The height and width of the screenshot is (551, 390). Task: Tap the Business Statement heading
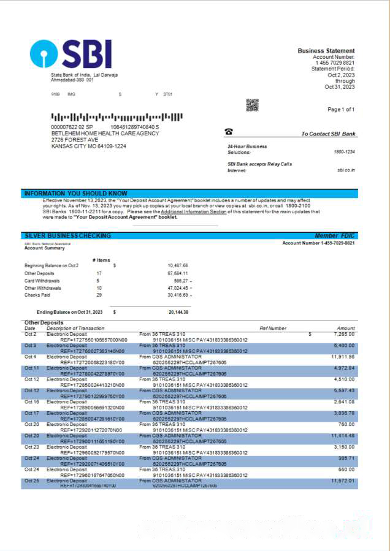click(326, 51)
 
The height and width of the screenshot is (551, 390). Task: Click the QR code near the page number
click(252, 105)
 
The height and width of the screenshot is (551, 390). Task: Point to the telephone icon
click(229, 132)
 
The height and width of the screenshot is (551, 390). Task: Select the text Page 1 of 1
click(341, 109)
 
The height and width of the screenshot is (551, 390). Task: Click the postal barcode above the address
click(117, 116)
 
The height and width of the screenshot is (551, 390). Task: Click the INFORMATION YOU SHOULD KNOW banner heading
click(75, 194)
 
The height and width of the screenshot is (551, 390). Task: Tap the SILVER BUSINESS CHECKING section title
click(67, 235)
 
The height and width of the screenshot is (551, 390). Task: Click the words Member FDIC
click(335, 236)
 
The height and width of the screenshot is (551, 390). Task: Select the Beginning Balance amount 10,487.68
click(177, 265)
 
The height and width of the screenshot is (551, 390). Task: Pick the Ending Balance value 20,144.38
click(178, 312)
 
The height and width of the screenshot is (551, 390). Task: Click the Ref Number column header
click(273, 329)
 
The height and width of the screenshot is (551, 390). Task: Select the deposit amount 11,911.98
click(343, 357)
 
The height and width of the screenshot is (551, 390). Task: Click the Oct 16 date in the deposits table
click(31, 402)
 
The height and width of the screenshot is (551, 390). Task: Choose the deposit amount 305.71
click(346, 458)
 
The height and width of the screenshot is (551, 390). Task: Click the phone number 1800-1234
click(344, 151)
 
